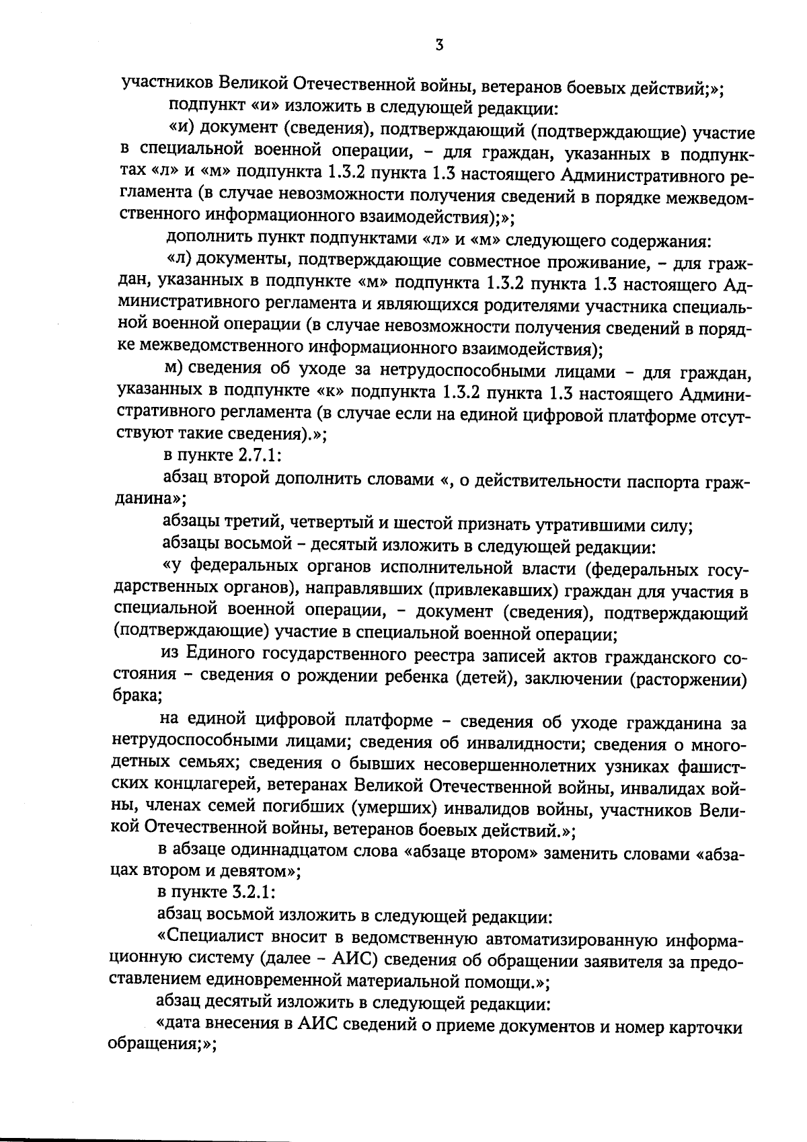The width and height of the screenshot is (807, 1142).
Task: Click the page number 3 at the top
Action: [438, 45]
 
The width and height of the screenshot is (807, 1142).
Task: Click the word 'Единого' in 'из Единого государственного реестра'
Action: [219, 654]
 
